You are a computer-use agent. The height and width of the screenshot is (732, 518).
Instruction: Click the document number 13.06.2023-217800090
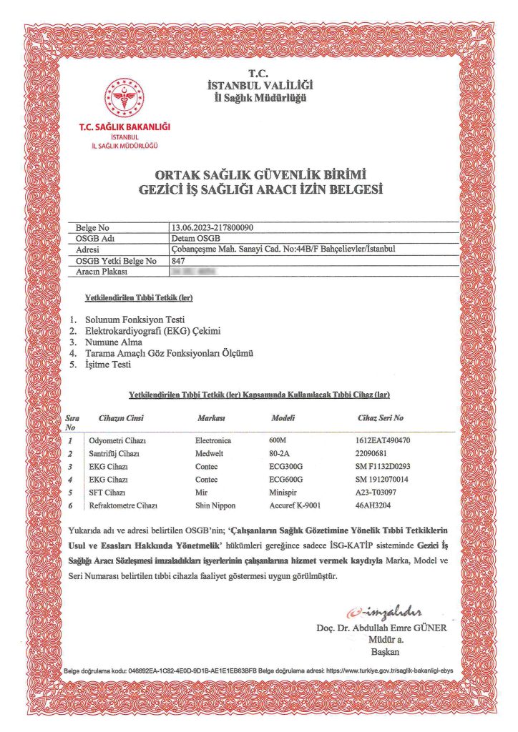(x=212, y=227)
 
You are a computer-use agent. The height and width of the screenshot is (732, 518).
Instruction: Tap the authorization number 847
(x=178, y=261)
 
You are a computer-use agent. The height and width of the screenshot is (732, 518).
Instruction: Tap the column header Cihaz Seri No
(x=380, y=417)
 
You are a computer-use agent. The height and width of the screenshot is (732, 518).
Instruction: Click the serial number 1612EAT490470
(x=382, y=440)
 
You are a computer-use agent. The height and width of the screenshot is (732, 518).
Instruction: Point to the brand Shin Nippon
(x=217, y=505)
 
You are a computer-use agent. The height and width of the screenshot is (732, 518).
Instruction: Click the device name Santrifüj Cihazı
(x=114, y=453)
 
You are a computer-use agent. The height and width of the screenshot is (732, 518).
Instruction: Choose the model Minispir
(x=285, y=493)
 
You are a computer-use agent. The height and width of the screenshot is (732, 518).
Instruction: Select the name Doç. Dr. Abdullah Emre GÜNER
(x=381, y=628)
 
